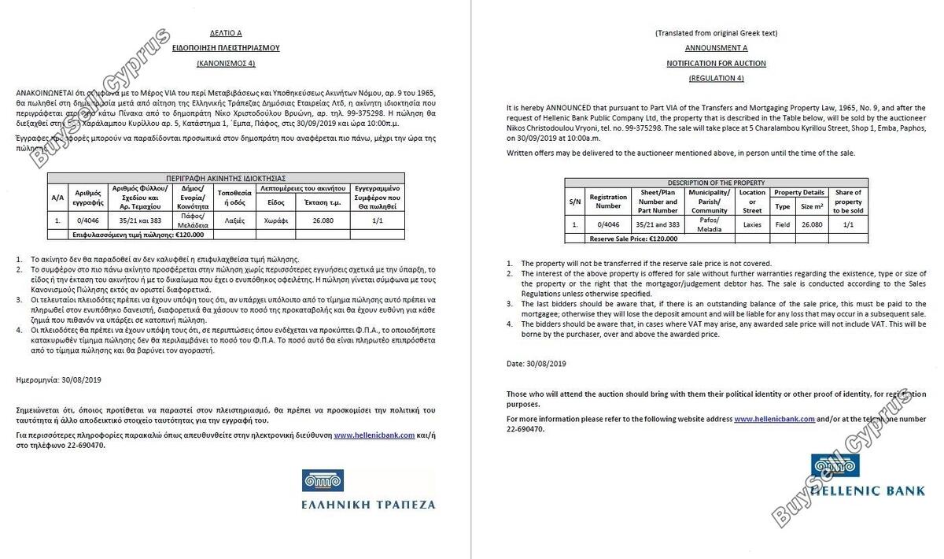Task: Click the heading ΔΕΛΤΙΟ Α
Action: coord(226,33)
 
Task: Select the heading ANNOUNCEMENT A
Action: coord(716,48)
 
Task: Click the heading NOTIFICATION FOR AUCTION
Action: coord(716,63)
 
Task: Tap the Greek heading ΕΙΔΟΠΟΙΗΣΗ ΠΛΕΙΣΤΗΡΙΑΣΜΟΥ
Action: coord(226,48)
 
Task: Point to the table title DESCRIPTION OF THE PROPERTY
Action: coord(716,183)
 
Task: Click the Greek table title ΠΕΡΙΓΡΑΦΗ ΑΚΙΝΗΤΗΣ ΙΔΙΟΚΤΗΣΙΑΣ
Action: coord(226,178)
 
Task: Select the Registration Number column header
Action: coord(608,202)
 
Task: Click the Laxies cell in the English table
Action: coord(752,224)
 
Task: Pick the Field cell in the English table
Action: coord(783,224)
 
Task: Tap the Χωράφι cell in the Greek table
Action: coord(275,221)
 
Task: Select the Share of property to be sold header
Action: coord(848,202)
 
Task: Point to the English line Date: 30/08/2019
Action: coord(537,364)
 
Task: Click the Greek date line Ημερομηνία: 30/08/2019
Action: coord(58,379)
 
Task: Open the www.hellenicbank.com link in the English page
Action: coord(774,420)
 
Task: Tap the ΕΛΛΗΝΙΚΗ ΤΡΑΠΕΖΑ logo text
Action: coord(368,504)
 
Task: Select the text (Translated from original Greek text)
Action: coord(716,33)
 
